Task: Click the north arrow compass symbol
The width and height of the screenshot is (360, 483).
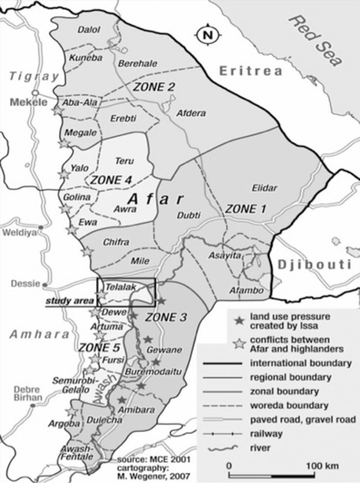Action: click(x=206, y=34)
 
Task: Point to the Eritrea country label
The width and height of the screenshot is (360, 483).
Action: click(x=251, y=71)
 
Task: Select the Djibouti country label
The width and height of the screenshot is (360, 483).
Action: click(x=315, y=264)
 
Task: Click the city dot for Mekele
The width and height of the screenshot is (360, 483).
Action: click(x=35, y=92)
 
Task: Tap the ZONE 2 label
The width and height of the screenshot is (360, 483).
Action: click(x=154, y=87)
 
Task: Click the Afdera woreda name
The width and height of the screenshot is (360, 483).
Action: click(x=191, y=113)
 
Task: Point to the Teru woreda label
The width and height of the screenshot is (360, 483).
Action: click(x=125, y=161)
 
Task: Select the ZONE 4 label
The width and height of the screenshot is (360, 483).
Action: click(x=111, y=180)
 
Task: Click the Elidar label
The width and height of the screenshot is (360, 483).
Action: click(x=264, y=188)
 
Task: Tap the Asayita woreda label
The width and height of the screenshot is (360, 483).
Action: click(x=225, y=255)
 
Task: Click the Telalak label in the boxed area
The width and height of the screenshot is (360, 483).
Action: click(x=117, y=286)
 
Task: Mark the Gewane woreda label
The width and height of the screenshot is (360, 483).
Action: click(x=158, y=350)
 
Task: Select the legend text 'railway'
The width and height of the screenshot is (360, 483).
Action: click(x=267, y=433)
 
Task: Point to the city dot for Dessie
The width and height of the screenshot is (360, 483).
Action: click(x=45, y=285)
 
